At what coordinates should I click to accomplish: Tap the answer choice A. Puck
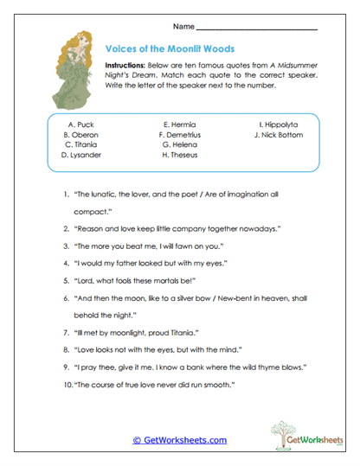pyautogui.click(x=80, y=124)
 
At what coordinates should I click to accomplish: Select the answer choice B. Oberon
pyautogui.click(x=80, y=135)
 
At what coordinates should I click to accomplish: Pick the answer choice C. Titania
pyautogui.click(x=80, y=145)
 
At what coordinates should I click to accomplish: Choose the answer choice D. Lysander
pyautogui.click(x=80, y=156)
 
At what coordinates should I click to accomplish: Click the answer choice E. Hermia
pyautogui.click(x=179, y=124)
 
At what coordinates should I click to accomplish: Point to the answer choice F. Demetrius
pyautogui.click(x=179, y=135)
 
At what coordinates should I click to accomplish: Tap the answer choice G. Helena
pyautogui.click(x=179, y=145)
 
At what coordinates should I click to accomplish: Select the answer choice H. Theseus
pyautogui.click(x=179, y=156)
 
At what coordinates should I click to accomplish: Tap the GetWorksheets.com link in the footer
pyautogui.click(x=179, y=440)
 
